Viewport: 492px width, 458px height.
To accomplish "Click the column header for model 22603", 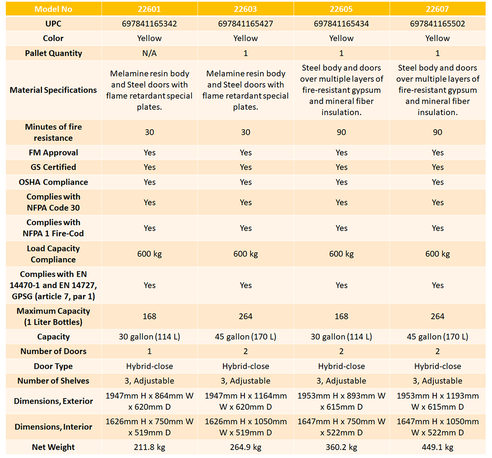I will [x=246, y=8].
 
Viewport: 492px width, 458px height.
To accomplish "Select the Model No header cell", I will [x=53, y=8].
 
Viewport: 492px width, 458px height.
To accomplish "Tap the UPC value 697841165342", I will [x=150, y=24].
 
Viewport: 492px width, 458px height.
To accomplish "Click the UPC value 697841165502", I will [x=437, y=24].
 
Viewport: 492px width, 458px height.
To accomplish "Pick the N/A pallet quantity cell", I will [x=150, y=53].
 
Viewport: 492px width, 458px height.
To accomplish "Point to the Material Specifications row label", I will [x=53, y=90].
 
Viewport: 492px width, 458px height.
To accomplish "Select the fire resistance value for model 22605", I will [x=341, y=132].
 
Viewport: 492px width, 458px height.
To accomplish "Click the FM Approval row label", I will [x=53, y=153].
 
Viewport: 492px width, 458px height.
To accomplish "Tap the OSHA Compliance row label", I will [x=53, y=182].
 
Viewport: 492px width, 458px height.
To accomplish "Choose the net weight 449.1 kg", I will [x=437, y=447].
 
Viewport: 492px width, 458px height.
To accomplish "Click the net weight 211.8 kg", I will [x=150, y=447].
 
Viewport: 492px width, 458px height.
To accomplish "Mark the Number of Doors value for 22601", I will [x=150, y=351].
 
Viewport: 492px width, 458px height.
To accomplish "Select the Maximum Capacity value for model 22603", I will [x=246, y=316].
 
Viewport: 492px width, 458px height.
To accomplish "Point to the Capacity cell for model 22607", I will [x=437, y=337].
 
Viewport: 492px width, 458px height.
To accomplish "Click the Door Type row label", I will [x=53, y=366].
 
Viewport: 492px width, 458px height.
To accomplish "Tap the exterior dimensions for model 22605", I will [x=341, y=401].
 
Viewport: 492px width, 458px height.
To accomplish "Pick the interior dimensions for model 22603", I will [x=246, y=426].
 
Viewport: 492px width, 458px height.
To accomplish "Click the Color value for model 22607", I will [x=437, y=38].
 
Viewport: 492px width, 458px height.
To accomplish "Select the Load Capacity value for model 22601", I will [x=150, y=254].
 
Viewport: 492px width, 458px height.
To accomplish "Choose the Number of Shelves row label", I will [x=53, y=381].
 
